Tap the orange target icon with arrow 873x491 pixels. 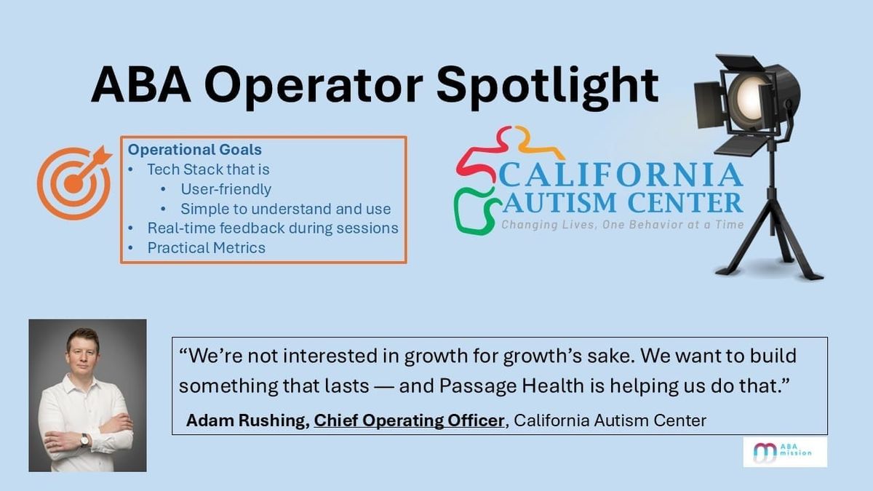(x=74, y=183)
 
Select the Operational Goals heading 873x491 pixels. (x=194, y=150)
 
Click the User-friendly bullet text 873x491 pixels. (x=226, y=189)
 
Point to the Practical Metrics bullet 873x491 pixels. (x=206, y=247)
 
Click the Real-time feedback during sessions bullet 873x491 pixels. (x=273, y=228)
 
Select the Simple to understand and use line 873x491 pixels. (x=286, y=209)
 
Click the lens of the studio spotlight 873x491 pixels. (x=749, y=95)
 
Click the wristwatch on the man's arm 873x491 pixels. (x=85, y=439)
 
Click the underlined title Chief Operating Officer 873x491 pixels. (x=409, y=420)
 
